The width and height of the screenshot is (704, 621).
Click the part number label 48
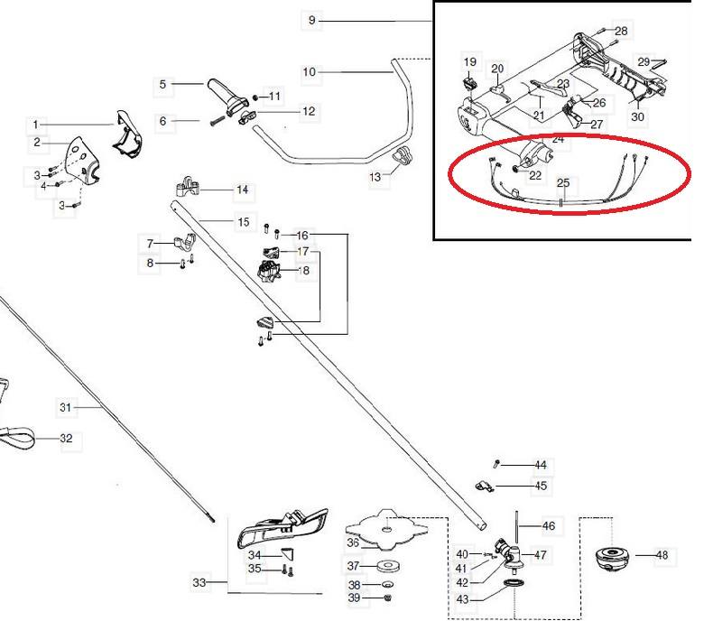662,555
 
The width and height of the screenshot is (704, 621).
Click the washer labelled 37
390,566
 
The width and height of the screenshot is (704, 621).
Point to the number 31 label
65,408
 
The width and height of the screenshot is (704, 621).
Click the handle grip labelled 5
222,92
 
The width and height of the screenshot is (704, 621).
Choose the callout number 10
310,71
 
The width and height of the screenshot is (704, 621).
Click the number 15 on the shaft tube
243,222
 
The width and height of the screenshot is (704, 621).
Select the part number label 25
563,182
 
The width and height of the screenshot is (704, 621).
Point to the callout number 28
621,32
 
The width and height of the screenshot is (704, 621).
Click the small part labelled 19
469,83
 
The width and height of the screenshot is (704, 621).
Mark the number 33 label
199,583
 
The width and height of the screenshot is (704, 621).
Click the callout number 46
548,525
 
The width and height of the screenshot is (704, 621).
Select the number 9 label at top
312,20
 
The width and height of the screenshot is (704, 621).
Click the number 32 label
66,439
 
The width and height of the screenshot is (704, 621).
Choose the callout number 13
376,178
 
